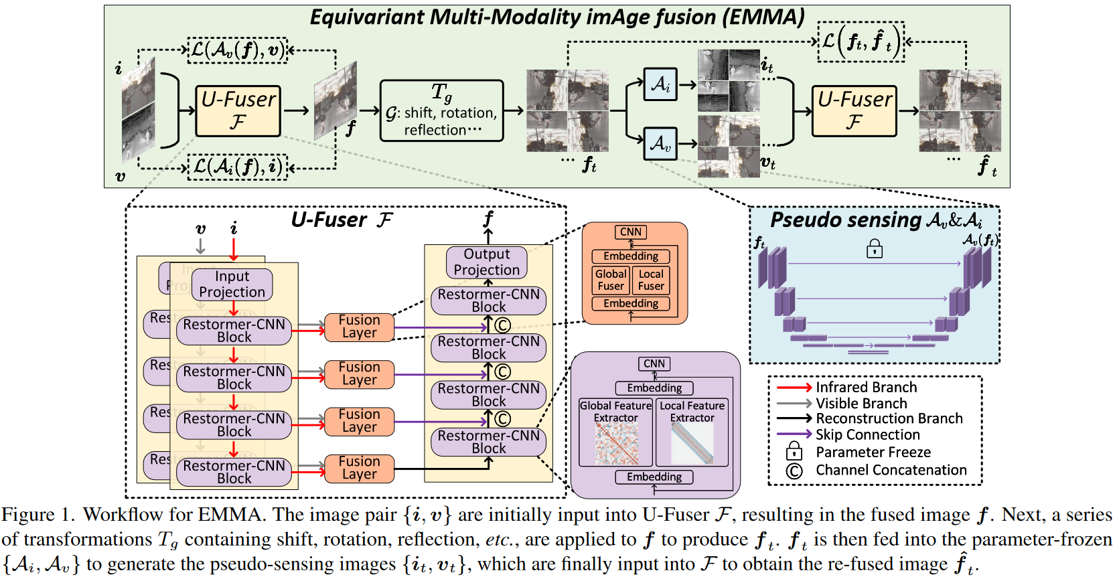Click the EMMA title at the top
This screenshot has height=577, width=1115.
tap(557, 17)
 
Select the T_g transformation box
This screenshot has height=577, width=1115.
tap(441, 111)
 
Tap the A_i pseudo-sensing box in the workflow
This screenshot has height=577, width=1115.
tap(660, 84)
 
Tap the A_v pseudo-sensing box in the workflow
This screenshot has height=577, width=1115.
tap(660, 143)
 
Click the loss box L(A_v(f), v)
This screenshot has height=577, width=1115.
tap(237, 50)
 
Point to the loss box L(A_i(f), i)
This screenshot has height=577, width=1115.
tap(237, 167)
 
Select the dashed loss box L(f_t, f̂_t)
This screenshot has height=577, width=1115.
tap(861, 42)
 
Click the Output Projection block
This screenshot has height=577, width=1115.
tap(487, 262)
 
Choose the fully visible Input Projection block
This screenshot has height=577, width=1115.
tap(232, 284)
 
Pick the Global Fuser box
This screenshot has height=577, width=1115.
tap(611, 280)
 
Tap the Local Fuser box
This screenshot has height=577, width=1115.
tap(651, 280)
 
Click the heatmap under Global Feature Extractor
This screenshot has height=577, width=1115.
tap(616, 444)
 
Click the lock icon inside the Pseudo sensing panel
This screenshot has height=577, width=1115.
tap(874, 249)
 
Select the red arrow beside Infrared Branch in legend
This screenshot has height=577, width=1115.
tap(794, 388)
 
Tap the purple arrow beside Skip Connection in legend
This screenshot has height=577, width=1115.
tap(794, 434)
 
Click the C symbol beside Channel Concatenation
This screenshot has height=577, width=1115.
tap(794, 471)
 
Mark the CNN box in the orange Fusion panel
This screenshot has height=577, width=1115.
tap(631, 232)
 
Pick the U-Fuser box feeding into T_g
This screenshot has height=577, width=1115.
tap(238, 111)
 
